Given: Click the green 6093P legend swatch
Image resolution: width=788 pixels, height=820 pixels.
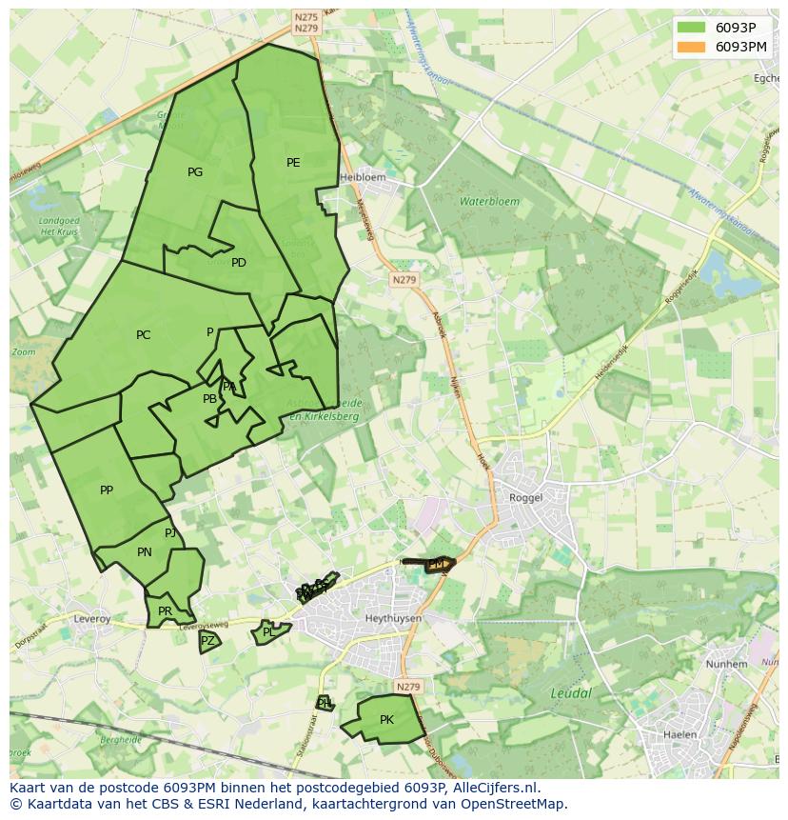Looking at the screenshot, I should pos(692,28).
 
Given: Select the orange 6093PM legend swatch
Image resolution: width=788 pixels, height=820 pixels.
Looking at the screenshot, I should pos(692,47).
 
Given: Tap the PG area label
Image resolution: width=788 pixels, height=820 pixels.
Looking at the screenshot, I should pos(195,172).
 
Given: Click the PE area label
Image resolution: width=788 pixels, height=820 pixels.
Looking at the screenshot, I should pos(293,163).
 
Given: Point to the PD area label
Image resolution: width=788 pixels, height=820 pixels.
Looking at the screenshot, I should pos(239,263).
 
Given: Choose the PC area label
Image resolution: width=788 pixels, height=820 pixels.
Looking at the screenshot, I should pos(143,335).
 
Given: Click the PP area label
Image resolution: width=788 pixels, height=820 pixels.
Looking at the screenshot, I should pos(107,490).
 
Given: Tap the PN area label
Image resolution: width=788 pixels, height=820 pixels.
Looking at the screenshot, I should pos(145,552).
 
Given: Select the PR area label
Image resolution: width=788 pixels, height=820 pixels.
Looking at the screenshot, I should pos(166,611).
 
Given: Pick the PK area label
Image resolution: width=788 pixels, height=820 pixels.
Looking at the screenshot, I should pos(386,720).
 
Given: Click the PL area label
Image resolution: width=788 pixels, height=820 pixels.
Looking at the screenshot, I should pos(268,632).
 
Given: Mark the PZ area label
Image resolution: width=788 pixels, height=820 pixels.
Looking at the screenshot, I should pos(207,641).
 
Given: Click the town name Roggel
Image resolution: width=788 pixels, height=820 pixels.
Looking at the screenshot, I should pos(525,497).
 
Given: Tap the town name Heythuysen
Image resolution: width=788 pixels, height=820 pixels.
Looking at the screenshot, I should pos(393,618).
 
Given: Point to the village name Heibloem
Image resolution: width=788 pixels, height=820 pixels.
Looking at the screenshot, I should pos(364,177).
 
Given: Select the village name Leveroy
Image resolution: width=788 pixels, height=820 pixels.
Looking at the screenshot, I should pos(92,619).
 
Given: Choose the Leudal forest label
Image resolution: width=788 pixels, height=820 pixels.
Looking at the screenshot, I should pos(571,693).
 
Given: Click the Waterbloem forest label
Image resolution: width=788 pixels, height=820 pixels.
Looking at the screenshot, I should pos(489,202).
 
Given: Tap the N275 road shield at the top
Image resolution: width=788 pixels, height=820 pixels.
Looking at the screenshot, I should pos(306,17).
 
